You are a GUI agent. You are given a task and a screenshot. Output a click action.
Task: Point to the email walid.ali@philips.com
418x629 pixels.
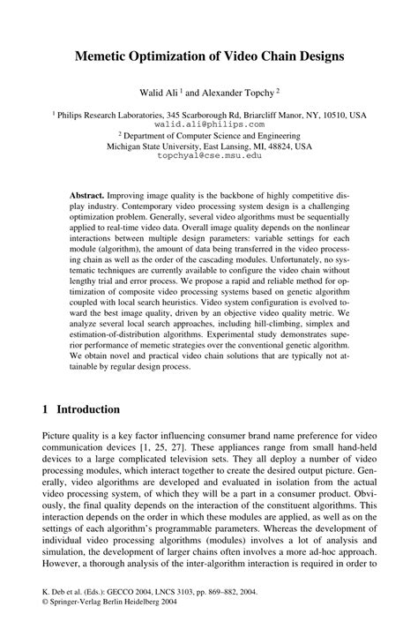[x=208, y=125]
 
